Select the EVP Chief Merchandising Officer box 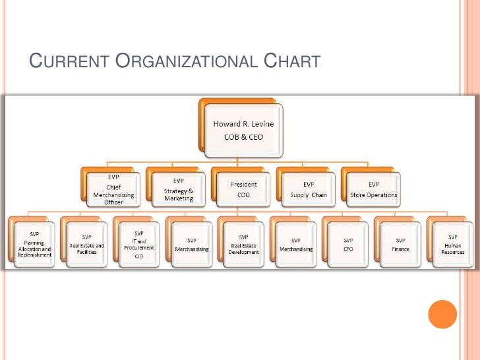113,189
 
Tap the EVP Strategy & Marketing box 178,189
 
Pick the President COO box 243,189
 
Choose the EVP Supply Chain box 309,189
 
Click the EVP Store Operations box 373,189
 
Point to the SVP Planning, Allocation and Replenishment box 34,242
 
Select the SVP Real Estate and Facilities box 86,242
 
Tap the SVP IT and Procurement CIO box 138,242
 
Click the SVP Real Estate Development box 243,243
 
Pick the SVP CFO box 348,243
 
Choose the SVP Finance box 400,243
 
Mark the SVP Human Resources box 452,243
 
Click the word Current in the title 69,63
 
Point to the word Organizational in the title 187,63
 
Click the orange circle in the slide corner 442,315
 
